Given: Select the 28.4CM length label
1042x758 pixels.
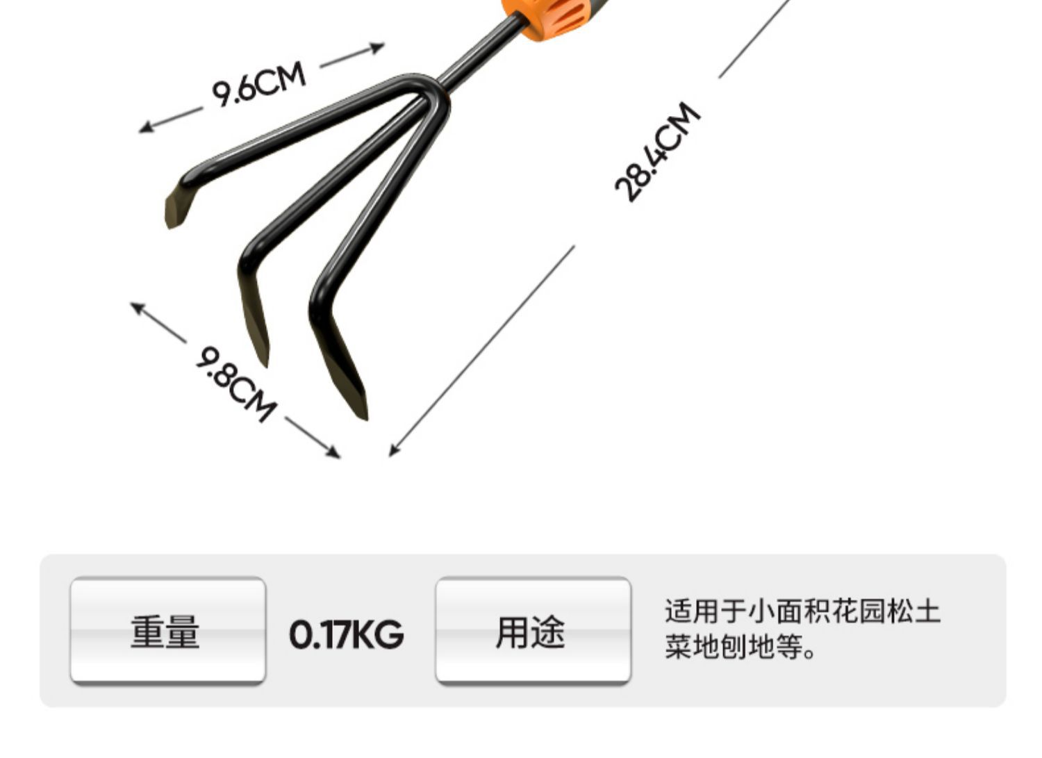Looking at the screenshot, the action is click(x=657, y=152).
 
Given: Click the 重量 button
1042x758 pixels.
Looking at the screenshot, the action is click(x=167, y=632).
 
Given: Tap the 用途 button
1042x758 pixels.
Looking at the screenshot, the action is click(x=533, y=632).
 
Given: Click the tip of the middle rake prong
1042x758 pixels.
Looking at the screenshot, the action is click(x=265, y=361).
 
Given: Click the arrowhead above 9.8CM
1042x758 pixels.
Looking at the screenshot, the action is click(x=135, y=306).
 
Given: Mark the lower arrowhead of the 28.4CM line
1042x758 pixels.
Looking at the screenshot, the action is click(x=392, y=452).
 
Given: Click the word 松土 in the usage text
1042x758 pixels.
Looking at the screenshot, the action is click(x=913, y=611).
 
